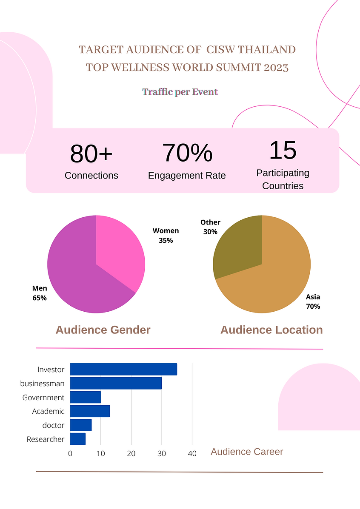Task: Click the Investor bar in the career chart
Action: (123, 369)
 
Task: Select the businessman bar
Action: (116, 383)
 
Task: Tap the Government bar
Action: (86, 397)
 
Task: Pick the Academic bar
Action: (90, 411)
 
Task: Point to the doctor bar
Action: (81, 425)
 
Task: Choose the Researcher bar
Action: (78, 439)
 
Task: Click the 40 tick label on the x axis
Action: (192, 454)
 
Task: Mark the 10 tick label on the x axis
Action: (100, 454)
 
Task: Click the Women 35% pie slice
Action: (119, 251)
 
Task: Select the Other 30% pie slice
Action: (238, 247)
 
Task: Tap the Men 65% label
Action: (40, 293)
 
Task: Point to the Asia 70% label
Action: (313, 301)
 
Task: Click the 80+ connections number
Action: (91, 154)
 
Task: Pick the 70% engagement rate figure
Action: (187, 153)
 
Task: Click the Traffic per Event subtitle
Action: (180, 92)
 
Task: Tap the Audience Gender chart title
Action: (103, 330)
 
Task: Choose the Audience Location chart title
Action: (271, 330)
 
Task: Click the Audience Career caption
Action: (247, 452)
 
